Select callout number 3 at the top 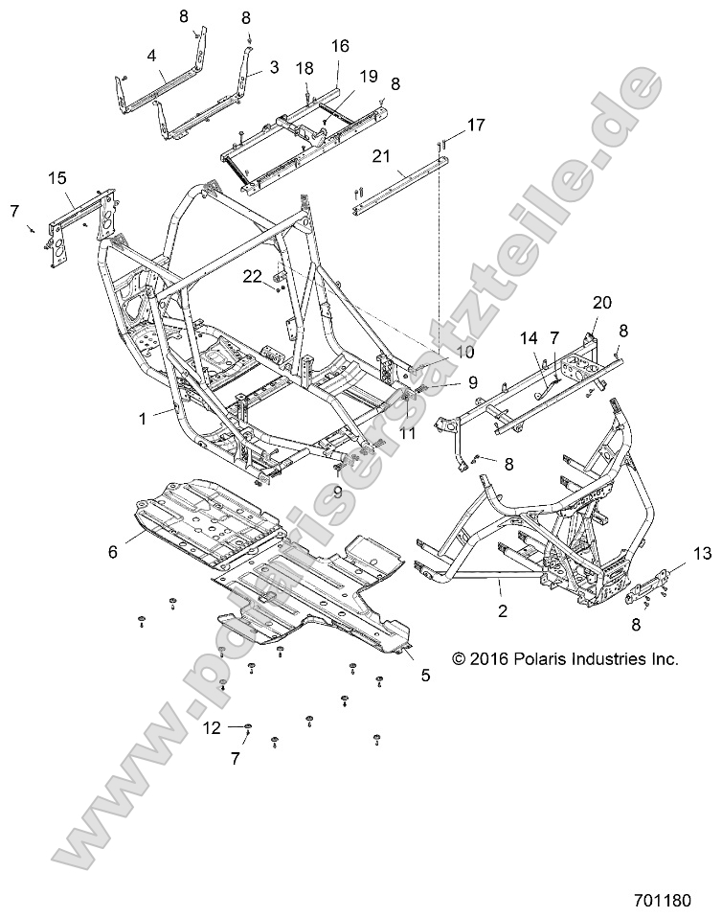click(x=274, y=68)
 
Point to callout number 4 click(x=151, y=57)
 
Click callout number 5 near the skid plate click(x=424, y=675)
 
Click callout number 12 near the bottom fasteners click(x=212, y=728)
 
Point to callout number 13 click(x=703, y=553)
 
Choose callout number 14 click(x=527, y=338)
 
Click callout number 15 click(x=56, y=179)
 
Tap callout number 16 click(x=339, y=46)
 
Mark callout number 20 click(x=601, y=302)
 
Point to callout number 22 click(x=251, y=276)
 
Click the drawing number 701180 click(x=676, y=901)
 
